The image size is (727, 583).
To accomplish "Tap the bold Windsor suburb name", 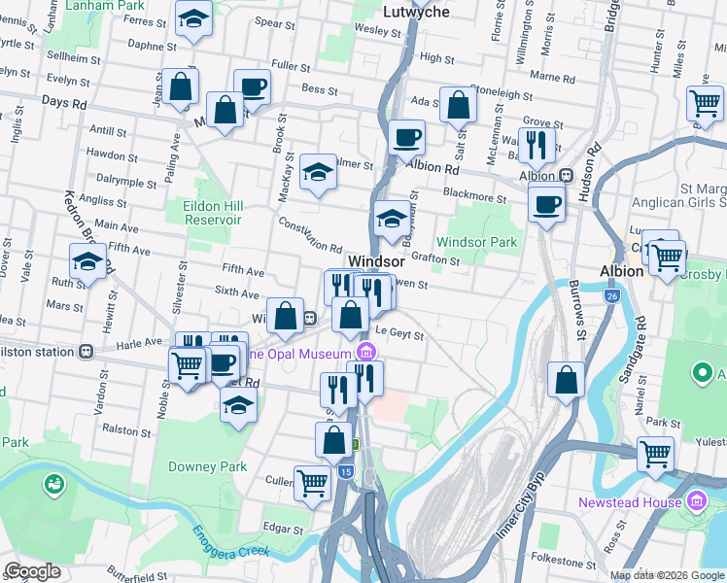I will (x=376, y=261).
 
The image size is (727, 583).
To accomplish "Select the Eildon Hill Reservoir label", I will (x=212, y=213).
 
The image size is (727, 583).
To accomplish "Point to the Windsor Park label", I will (x=476, y=241).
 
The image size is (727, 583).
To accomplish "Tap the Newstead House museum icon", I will (x=696, y=501).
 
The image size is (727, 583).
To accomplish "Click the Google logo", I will (x=33, y=570).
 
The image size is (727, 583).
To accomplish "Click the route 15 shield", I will (x=347, y=471).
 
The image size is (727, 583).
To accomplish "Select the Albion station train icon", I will (x=566, y=176).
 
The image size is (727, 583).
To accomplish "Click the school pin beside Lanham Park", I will (x=193, y=18).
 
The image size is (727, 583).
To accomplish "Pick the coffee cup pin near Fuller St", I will (x=251, y=87).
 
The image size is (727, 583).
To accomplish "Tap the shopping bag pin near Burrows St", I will (x=566, y=380).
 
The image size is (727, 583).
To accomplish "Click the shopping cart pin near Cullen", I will (x=312, y=481).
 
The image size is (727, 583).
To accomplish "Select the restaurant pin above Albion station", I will (x=537, y=146).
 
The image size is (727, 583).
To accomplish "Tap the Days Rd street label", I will (x=64, y=102).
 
